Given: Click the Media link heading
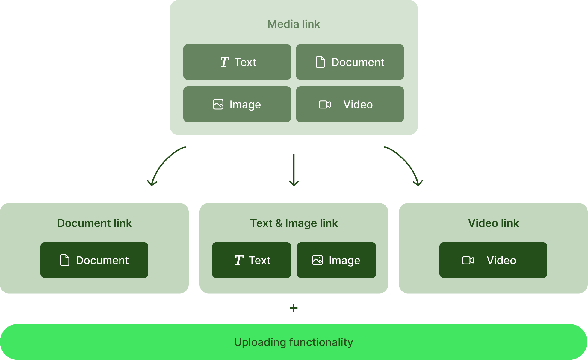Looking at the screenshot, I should tap(294, 24).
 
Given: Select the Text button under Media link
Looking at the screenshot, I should tap(237, 62).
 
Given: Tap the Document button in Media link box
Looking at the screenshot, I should tap(350, 62).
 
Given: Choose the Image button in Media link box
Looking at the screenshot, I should tap(237, 104).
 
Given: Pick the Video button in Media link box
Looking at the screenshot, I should tap(350, 104).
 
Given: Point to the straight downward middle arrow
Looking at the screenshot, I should tap(294, 170).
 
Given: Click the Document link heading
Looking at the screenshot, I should tap(94, 223).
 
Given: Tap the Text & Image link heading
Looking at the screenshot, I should tap(294, 223).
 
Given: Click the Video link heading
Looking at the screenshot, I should tap(493, 223).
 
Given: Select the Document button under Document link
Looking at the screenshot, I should tap(94, 260).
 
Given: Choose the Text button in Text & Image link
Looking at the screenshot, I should tap(251, 260).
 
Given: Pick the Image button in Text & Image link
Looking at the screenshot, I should tap(336, 260).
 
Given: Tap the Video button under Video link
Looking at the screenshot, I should tap(493, 260).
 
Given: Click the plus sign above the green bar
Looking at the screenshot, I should tap(294, 308).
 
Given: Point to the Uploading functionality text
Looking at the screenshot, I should tap(294, 342).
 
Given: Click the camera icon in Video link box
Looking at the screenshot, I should tap(468, 260).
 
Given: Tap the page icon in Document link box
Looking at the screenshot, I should tap(65, 260).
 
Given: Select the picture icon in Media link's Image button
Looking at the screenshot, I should tap(218, 104).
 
